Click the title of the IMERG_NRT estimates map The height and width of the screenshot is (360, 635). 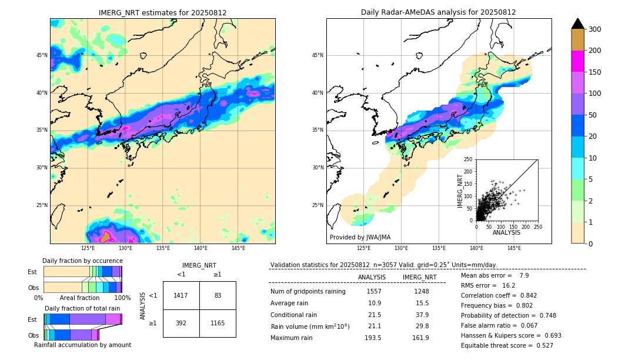(x=162, y=12)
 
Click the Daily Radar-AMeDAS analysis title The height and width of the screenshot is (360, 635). (x=438, y=12)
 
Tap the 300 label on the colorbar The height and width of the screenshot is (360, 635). (x=595, y=29)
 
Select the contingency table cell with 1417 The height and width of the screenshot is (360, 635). (x=181, y=295)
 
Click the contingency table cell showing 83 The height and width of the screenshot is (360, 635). (x=218, y=295)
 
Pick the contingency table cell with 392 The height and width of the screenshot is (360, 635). (x=181, y=323)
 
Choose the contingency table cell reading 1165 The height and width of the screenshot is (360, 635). (x=218, y=323)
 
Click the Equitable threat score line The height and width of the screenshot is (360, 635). (x=507, y=345)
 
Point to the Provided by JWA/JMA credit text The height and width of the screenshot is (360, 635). (x=360, y=237)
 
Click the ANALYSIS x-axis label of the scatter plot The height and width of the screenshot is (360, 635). (x=506, y=233)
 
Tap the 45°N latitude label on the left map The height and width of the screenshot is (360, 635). (x=42, y=55)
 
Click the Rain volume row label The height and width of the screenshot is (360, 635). (x=310, y=326)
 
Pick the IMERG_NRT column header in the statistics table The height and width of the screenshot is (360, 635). (x=419, y=277)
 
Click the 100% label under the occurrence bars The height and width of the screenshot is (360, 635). (x=122, y=298)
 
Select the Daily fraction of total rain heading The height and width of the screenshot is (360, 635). (x=82, y=308)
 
